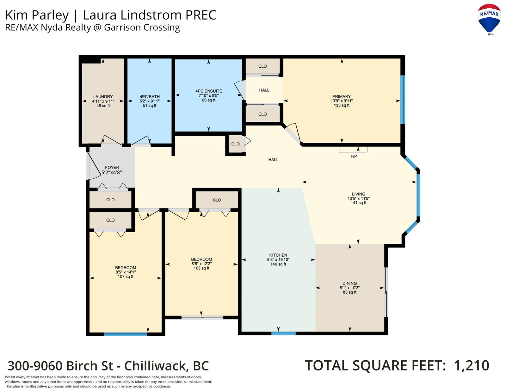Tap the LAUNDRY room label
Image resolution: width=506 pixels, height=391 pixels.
click(x=103, y=97)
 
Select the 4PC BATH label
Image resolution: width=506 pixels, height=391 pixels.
click(x=150, y=97)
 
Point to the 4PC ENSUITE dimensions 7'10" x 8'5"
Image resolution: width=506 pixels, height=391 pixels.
click(x=209, y=95)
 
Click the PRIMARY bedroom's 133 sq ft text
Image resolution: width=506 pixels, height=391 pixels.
click(x=342, y=105)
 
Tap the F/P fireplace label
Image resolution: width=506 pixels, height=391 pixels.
click(x=354, y=156)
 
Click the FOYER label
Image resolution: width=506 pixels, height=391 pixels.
click(x=112, y=167)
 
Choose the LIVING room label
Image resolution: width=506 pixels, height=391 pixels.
click(x=359, y=194)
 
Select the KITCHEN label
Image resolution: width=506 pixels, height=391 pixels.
click(x=278, y=255)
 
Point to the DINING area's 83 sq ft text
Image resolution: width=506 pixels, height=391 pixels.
click(x=349, y=292)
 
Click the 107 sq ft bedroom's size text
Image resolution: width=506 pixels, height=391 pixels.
click(x=126, y=277)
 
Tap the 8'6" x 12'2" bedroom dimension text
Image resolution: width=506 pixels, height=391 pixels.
click(x=202, y=264)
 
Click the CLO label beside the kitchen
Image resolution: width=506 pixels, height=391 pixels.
click(x=217, y=200)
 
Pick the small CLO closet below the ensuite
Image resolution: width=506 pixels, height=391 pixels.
click(x=235, y=144)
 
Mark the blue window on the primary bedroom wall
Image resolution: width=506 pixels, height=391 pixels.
click(x=403, y=100)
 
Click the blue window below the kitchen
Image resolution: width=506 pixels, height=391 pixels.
click(x=283, y=333)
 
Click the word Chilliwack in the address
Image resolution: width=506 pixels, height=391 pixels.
click(x=156, y=366)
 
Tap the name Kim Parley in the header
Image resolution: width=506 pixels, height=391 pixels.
click(x=37, y=15)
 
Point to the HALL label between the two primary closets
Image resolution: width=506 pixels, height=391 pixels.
click(x=264, y=90)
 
